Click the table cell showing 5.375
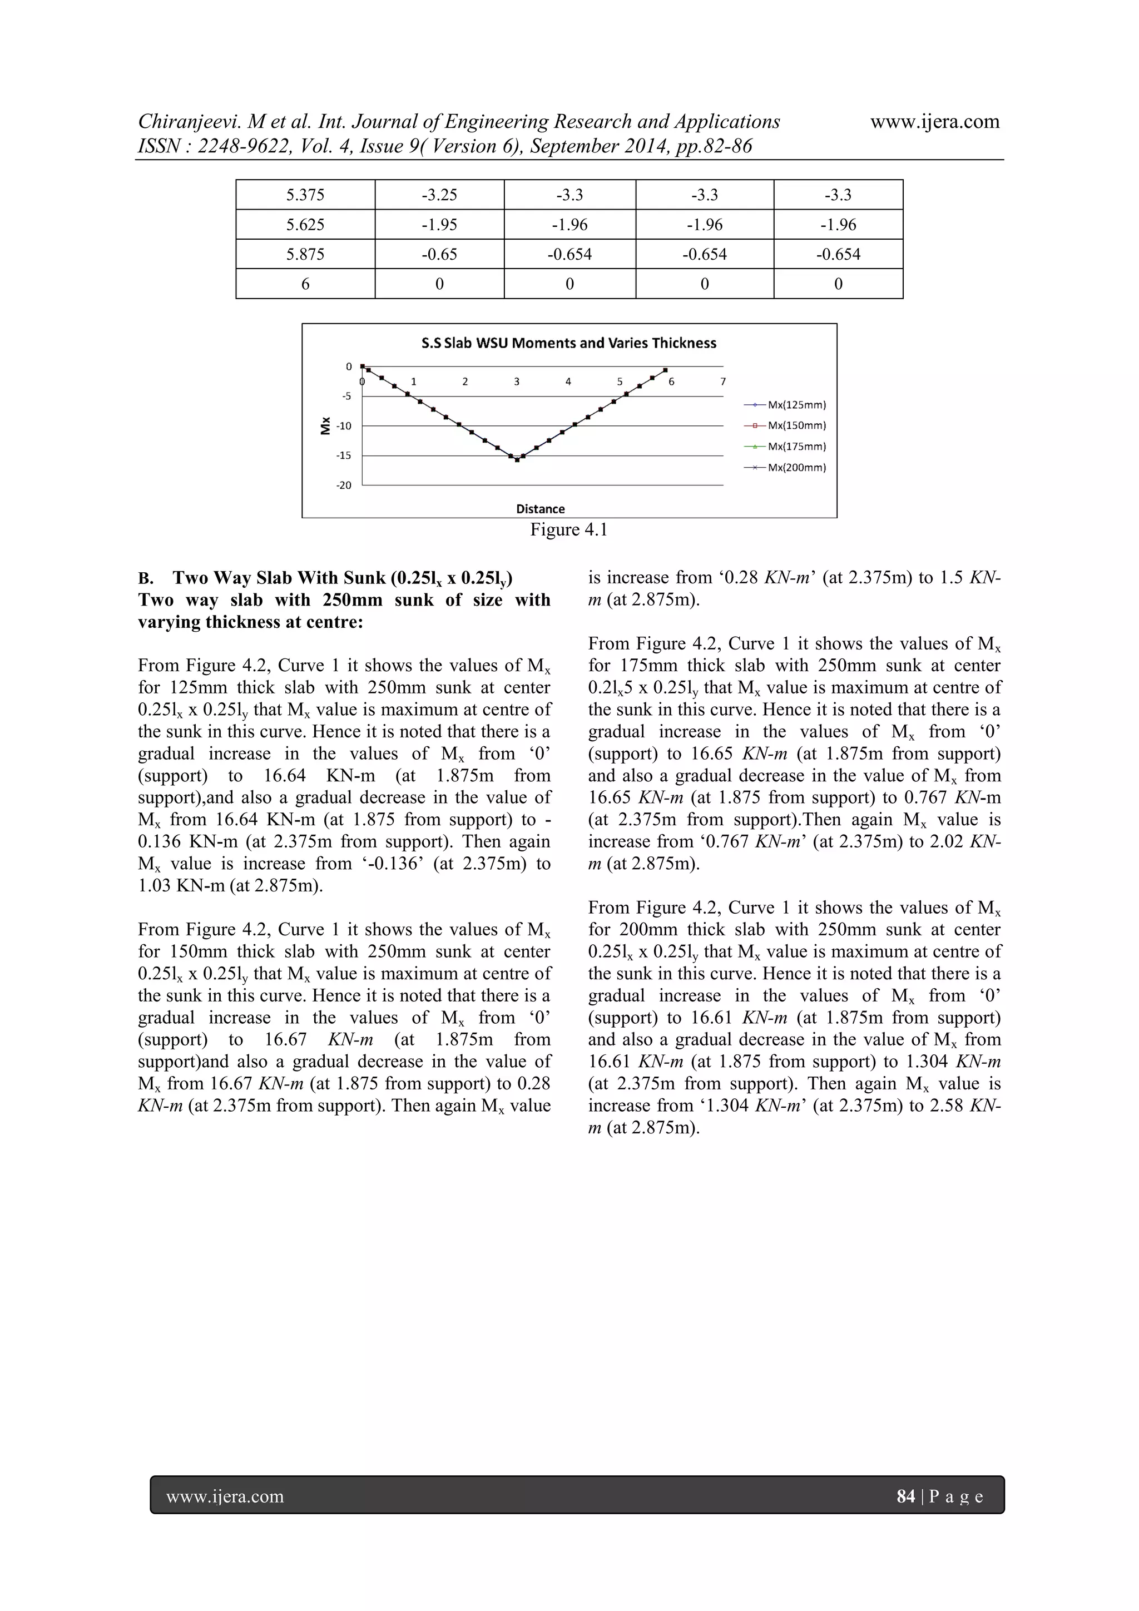305,195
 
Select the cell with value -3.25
439,195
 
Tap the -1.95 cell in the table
439,225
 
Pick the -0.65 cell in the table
439,254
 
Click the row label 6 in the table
305,284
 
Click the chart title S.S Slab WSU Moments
568,343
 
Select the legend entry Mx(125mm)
796,405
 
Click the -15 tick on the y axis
344,456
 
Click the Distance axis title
541,509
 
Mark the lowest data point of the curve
517,460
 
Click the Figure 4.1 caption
568,531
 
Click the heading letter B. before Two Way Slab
145,579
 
